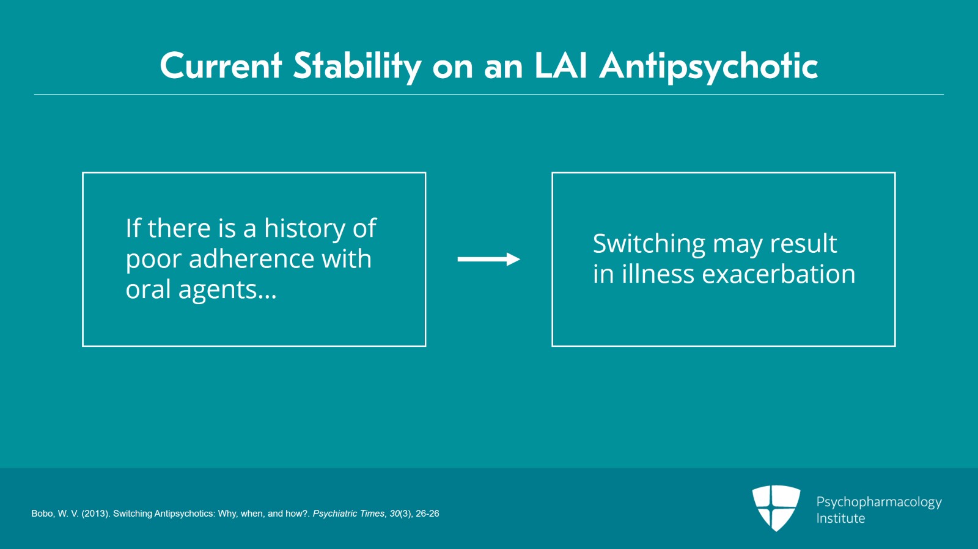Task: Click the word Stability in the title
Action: pyautogui.click(x=357, y=66)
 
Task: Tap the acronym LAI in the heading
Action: pyautogui.click(x=561, y=66)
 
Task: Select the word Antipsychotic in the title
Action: pyautogui.click(x=708, y=66)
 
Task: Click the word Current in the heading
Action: pyautogui.click(x=221, y=66)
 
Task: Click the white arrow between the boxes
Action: pyautogui.click(x=488, y=260)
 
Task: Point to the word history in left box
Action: pyautogui.click(x=304, y=229)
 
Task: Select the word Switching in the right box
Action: pyautogui.click(x=649, y=244)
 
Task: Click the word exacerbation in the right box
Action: pyautogui.click(x=778, y=274)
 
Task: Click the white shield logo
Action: pyautogui.click(x=776, y=507)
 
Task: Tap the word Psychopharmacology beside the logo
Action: pyautogui.click(x=878, y=502)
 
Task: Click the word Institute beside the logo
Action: pyautogui.click(x=840, y=518)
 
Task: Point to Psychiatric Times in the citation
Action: pyautogui.click(x=348, y=514)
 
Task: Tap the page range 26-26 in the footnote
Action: pyautogui.click(x=427, y=514)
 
